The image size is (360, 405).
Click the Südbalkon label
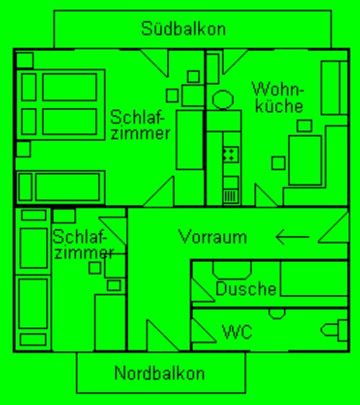click(183, 28)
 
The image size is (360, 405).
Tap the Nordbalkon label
click(159, 373)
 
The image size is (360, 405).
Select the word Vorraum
click(212, 237)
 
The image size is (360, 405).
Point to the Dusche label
click(246, 288)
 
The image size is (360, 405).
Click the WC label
click(237, 332)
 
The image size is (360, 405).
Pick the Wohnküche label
click(278, 97)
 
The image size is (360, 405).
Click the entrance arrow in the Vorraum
click(292, 237)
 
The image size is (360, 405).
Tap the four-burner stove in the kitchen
click(230, 155)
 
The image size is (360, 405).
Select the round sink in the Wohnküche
click(222, 100)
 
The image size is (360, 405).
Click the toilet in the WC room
click(334, 330)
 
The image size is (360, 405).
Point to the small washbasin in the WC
click(276, 314)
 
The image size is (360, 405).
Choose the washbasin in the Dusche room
click(232, 270)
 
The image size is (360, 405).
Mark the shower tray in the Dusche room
click(314, 278)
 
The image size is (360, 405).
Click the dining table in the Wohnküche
click(305, 160)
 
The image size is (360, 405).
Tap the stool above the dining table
click(305, 126)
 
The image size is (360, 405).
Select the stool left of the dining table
click(279, 163)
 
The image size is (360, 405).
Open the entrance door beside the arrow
click(333, 227)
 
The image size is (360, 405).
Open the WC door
click(203, 330)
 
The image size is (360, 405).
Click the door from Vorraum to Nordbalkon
click(163, 335)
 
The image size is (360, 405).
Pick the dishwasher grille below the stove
click(230, 196)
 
